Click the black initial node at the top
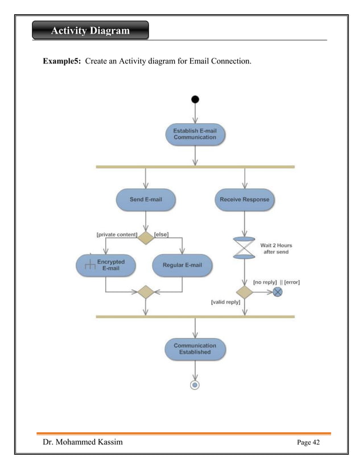[195, 100]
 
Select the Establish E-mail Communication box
[195, 134]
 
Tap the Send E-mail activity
[146, 200]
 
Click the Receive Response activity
[245, 200]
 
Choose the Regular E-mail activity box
[182, 265]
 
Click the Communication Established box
[195, 349]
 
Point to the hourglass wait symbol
[245, 248]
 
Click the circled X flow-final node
[278, 292]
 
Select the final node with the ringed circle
[195, 385]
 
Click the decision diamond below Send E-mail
[146, 237]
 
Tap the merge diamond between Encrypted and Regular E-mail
[146, 292]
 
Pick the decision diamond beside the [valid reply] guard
[245, 292]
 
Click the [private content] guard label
[117, 234]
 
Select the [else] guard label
[162, 234]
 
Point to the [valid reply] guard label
[226, 303]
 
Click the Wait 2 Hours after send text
[276, 248]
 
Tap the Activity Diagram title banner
[90, 30]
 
